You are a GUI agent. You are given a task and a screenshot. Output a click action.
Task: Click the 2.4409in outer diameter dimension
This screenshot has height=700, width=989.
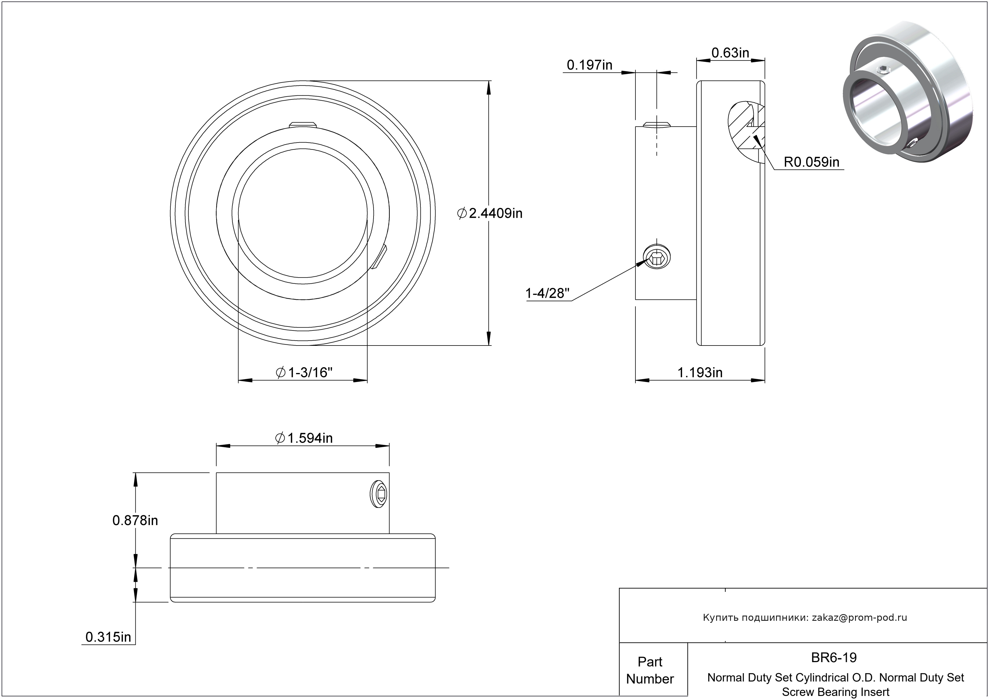pos(490,213)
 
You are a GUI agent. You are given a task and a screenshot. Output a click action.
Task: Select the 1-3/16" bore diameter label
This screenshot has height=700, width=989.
pos(304,372)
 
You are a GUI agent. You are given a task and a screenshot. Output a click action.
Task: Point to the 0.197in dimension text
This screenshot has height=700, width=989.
pos(589,65)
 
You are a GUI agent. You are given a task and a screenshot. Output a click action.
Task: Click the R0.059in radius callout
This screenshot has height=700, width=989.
pos(811,162)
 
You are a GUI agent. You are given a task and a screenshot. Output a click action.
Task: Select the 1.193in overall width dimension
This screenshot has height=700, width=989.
pos(700,372)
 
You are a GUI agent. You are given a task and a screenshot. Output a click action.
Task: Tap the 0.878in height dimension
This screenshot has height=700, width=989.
pos(135,521)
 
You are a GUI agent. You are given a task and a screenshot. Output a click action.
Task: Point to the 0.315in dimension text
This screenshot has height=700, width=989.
pos(108,637)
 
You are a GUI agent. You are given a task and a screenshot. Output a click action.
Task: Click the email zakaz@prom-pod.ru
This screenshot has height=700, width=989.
pos(859,617)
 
